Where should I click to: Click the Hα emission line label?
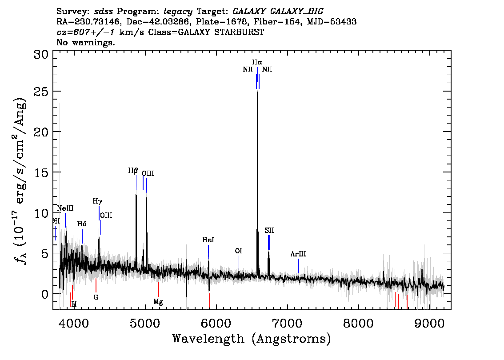point(257,63)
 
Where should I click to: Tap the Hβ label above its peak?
point(133,171)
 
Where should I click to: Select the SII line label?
point(269,230)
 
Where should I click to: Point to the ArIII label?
point(298,254)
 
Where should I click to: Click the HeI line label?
point(208,240)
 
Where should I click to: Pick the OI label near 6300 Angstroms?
point(238,251)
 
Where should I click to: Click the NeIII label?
point(65,208)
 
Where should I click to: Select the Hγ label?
point(97,201)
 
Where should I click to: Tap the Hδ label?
point(82,224)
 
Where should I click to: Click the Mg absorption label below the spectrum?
point(158,302)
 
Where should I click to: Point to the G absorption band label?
point(96,297)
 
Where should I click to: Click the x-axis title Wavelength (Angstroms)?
point(251,339)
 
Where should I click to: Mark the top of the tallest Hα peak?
point(257,92)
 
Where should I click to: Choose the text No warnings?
point(86,43)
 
